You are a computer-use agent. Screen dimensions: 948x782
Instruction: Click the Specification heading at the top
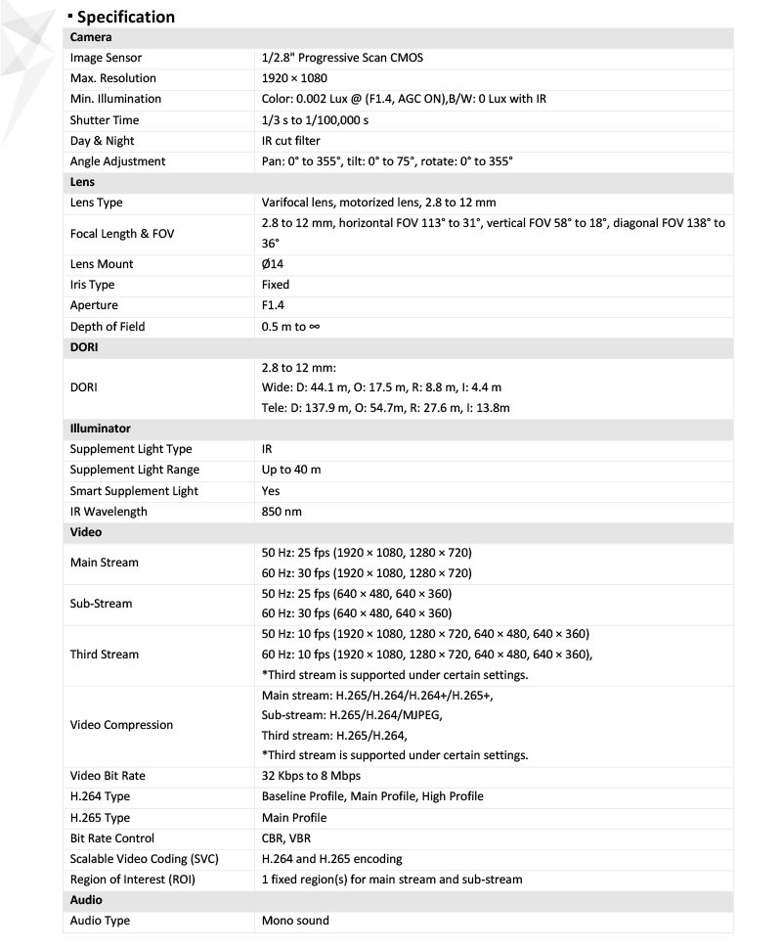coord(125,17)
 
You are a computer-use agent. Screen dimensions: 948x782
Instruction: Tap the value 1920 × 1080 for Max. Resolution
coord(294,78)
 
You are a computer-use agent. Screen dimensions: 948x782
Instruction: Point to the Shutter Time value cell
coord(315,120)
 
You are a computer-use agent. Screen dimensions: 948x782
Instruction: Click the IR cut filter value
coord(290,141)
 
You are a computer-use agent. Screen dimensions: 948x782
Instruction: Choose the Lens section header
coord(82,182)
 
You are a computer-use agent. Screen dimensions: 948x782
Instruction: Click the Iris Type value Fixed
coord(276,285)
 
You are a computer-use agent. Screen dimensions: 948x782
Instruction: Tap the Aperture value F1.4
coord(273,306)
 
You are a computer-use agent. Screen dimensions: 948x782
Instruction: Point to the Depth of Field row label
coord(107,327)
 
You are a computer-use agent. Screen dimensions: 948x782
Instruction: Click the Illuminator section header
coord(100,429)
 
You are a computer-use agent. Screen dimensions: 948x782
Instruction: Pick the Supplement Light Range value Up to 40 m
coord(291,470)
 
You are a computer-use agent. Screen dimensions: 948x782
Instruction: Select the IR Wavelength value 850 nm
coord(282,512)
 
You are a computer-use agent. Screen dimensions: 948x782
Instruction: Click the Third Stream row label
coord(104,655)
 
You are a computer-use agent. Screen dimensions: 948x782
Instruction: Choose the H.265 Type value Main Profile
coord(294,818)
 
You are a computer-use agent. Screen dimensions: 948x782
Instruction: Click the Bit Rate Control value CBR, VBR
coord(286,838)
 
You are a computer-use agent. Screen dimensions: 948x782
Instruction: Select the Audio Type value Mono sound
coord(295,921)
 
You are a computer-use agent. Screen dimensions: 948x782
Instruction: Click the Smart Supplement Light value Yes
coord(271,491)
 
